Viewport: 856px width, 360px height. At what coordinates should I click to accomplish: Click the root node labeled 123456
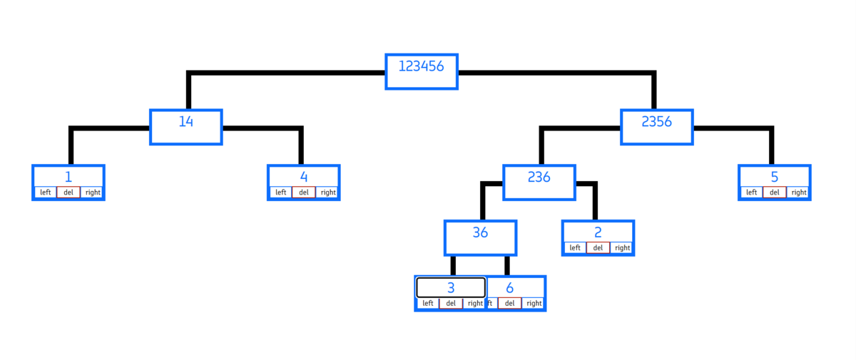422,72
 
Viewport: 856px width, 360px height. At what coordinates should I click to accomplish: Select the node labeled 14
186,127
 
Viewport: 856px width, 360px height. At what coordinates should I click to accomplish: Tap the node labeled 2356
657,127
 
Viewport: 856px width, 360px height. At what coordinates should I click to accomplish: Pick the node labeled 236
539,182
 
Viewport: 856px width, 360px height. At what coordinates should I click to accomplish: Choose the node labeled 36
480,238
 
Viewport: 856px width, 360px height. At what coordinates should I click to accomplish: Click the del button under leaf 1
68,192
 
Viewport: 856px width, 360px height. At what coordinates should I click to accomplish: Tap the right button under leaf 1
93,192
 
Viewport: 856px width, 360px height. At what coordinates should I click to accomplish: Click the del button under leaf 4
304,192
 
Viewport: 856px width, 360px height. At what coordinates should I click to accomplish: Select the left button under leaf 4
280,192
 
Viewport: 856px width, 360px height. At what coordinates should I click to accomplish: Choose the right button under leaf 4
328,192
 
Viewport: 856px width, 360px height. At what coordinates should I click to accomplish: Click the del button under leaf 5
775,192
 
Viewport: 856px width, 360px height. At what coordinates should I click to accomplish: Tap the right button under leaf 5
799,192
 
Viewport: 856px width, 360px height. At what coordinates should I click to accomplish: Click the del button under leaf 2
598,247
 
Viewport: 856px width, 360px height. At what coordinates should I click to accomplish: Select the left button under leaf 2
575,247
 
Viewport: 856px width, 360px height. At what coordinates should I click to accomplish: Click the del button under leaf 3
451,303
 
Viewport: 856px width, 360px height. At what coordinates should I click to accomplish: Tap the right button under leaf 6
534,303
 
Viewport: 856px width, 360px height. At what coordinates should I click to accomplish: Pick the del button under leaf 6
510,303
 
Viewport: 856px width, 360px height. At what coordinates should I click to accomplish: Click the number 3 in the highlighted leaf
451,288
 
